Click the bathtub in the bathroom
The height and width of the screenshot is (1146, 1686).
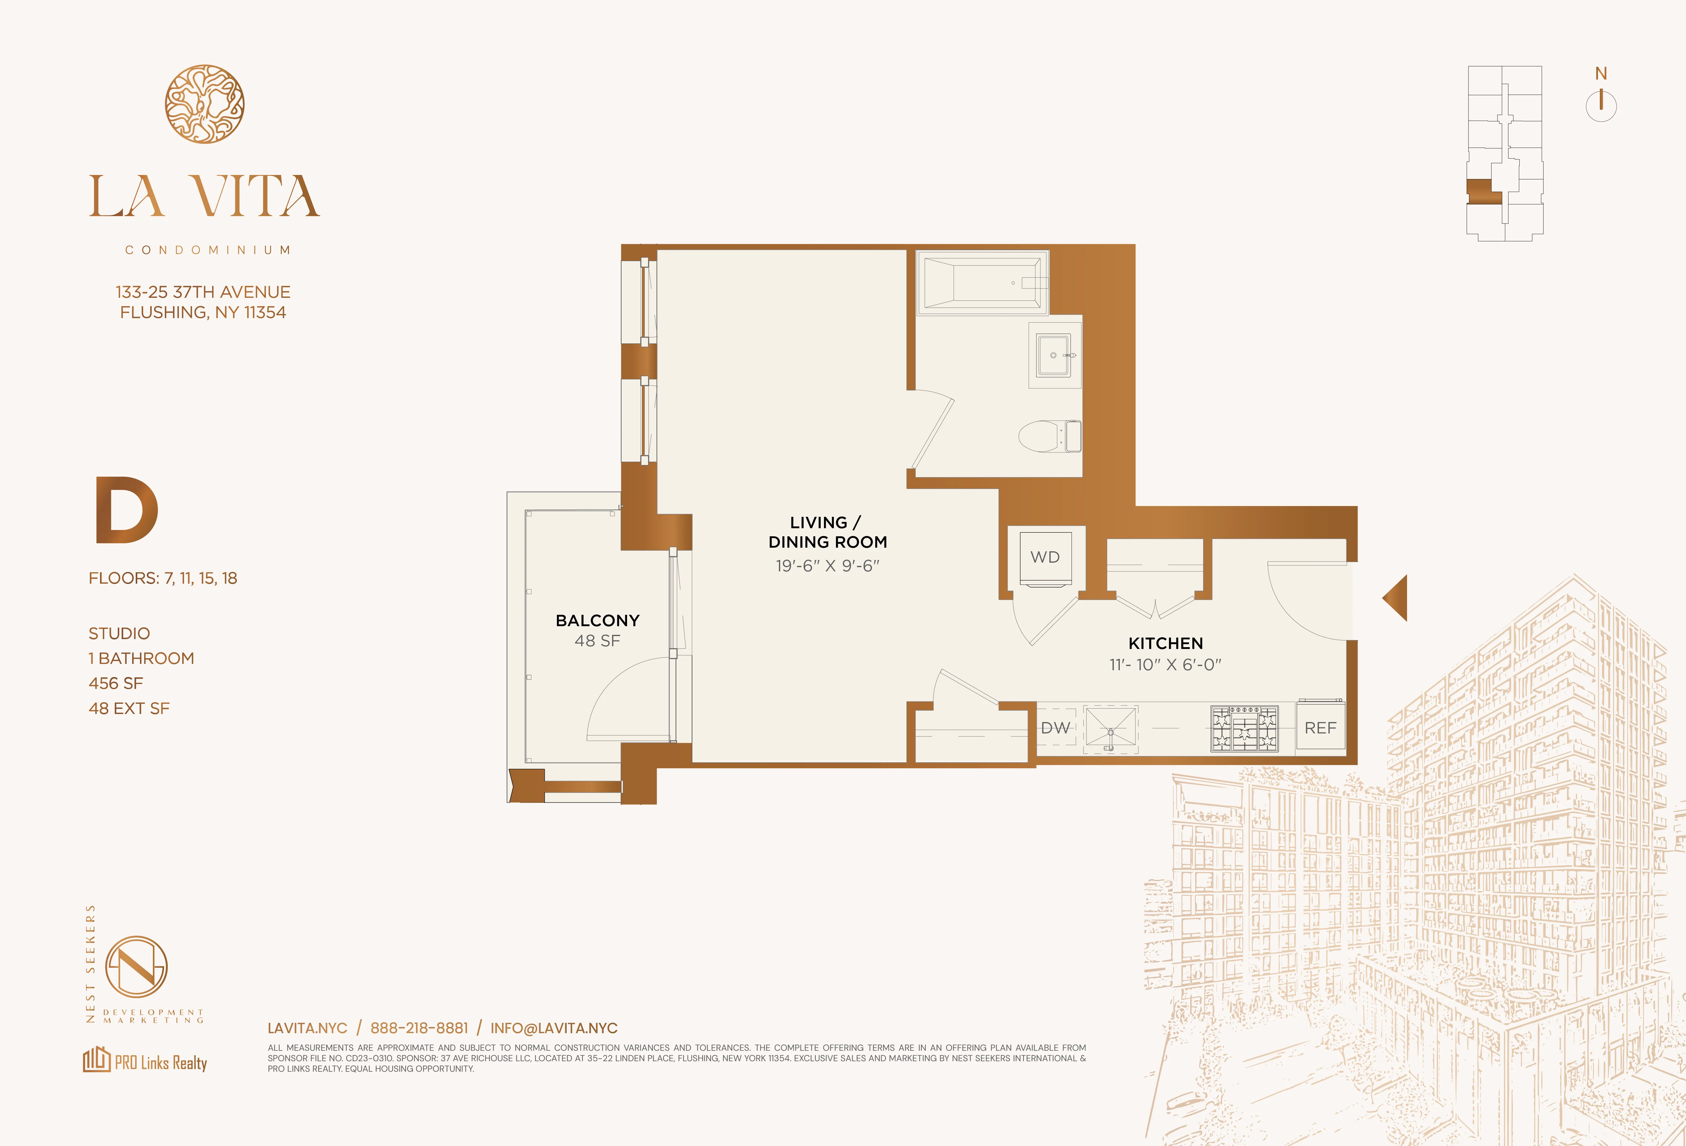coord(982,283)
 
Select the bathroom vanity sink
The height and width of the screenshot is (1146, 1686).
coord(1053,355)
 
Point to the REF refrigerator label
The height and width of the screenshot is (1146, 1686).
coord(1320,728)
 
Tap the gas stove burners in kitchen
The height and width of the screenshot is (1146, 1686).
coord(1244,728)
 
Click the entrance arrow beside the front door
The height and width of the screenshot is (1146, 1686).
coord(1396,598)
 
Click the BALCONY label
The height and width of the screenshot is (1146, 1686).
coord(597,621)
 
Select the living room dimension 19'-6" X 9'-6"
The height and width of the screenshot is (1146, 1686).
coord(827,566)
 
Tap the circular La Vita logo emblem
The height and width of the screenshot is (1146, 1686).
coord(204,104)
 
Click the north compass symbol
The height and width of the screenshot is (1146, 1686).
coord(1600,105)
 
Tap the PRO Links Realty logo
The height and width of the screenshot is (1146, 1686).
coord(145,1062)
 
